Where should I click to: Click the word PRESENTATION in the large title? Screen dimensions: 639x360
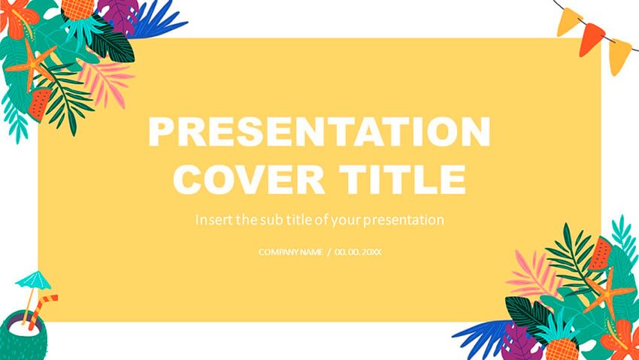point(319,132)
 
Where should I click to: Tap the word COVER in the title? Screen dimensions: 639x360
point(249,179)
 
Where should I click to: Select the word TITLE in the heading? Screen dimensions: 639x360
point(402,179)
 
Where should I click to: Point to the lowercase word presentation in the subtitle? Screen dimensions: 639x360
point(403,221)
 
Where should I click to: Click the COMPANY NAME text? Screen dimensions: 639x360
point(291,252)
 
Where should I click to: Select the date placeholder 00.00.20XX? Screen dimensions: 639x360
point(358,252)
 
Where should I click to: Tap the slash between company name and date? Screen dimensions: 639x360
point(329,253)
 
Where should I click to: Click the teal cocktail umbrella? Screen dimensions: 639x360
point(32,281)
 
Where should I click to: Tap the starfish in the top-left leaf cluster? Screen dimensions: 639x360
point(31,65)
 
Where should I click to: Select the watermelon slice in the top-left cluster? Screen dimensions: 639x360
point(41,104)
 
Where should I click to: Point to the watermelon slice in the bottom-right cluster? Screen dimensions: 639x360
point(599,254)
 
